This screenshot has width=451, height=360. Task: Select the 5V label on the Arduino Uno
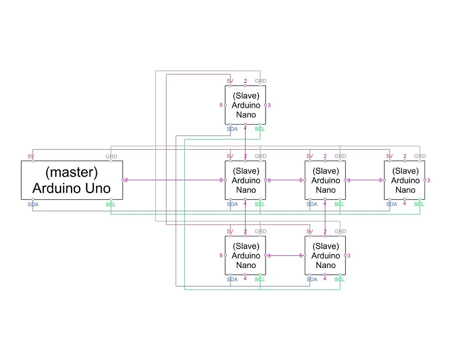pyautogui.click(x=31, y=157)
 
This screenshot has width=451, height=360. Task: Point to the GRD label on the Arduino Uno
pyautogui.click(x=111, y=157)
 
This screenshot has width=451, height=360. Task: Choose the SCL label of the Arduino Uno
pyautogui.click(x=111, y=204)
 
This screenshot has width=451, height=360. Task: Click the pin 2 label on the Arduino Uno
pyautogui.click(x=126, y=180)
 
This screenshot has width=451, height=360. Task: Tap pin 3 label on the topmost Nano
pyautogui.click(x=269, y=105)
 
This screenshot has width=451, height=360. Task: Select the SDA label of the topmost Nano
pyautogui.click(x=232, y=129)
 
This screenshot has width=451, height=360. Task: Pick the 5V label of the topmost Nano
pyautogui.click(x=230, y=81)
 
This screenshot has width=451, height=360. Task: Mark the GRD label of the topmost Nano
pyautogui.click(x=261, y=81)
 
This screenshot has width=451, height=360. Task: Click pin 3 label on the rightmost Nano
pyautogui.click(x=428, y=180)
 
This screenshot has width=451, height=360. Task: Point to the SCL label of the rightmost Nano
pyautogui.click(x=419, y=204)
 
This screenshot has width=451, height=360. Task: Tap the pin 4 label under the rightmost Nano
pyautogui.click(x=404, y=203)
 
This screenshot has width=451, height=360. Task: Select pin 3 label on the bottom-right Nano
pyautogui.click(x=348, y=256)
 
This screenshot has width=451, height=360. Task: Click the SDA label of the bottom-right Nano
pyautogui.click(x=312, y=279)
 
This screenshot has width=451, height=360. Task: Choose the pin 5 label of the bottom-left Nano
pyautogui.click(x=221, y=256)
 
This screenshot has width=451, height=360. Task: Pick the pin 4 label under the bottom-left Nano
pyautogui.click(x=245, y=279)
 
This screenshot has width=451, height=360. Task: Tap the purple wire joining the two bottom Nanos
pyautogui.click(x=284, y=255)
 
